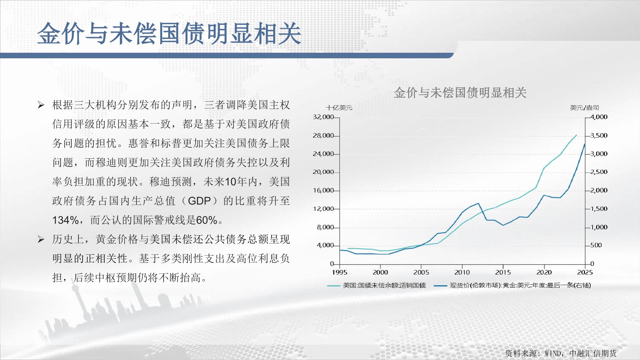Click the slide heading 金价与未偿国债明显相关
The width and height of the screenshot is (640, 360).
(169, 33)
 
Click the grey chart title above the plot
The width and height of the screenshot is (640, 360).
(460, 93)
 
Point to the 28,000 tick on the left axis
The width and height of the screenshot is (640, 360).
(323, 136)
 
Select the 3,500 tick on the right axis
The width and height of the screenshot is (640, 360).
(599, 136)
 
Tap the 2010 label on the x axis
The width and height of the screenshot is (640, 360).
(462, 272)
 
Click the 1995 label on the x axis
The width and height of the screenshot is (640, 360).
(339, 272)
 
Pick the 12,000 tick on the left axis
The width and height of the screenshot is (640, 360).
(323, 209)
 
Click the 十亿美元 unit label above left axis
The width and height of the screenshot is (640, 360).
(339, 108)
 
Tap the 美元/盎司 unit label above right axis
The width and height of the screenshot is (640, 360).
(584, 108)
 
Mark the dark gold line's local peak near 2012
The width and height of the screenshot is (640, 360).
(478, 203)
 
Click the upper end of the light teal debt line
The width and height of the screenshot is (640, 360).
(577, 135)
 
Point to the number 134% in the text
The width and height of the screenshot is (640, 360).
(65, 220)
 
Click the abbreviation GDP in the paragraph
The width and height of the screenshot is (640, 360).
(199, 201)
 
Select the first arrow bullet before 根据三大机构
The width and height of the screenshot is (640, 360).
(41, 105)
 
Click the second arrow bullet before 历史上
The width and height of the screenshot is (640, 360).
(41, 239)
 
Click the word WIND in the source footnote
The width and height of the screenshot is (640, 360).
(553, 353)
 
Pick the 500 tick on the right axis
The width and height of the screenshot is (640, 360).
(596, 245)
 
